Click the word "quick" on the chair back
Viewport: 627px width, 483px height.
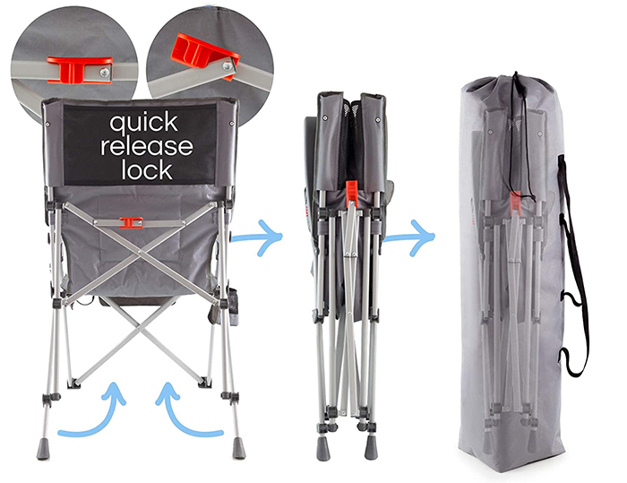(x=143, y=124)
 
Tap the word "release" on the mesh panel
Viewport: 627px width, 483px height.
(x=147, y=146)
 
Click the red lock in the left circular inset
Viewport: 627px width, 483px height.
(x=79, y=70)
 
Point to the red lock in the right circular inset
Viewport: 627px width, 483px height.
(x=204, y=54)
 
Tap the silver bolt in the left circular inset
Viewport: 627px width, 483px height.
(x=105, y=73)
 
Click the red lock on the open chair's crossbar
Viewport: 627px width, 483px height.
(x=131, y=222)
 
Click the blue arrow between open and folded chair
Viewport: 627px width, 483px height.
(x=258, y=237)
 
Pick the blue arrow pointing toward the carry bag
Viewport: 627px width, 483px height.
(x=409, y=237)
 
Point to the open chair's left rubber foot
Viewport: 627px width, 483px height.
(x=43, y=449)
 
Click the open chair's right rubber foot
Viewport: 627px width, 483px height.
(x=239, y=448)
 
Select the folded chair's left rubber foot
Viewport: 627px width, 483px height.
(x=323, y=448)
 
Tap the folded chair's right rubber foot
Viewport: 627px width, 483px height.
(x=371, y=447)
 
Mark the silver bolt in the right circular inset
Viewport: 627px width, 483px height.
(x=228, y=65)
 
